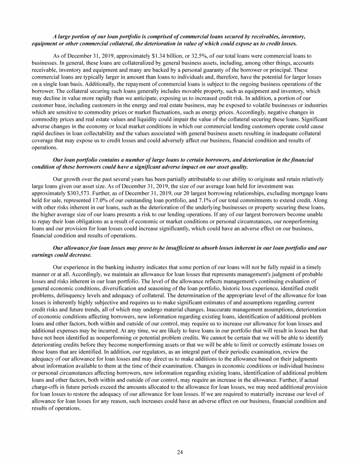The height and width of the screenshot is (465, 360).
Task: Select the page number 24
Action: (x=180, y=452)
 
